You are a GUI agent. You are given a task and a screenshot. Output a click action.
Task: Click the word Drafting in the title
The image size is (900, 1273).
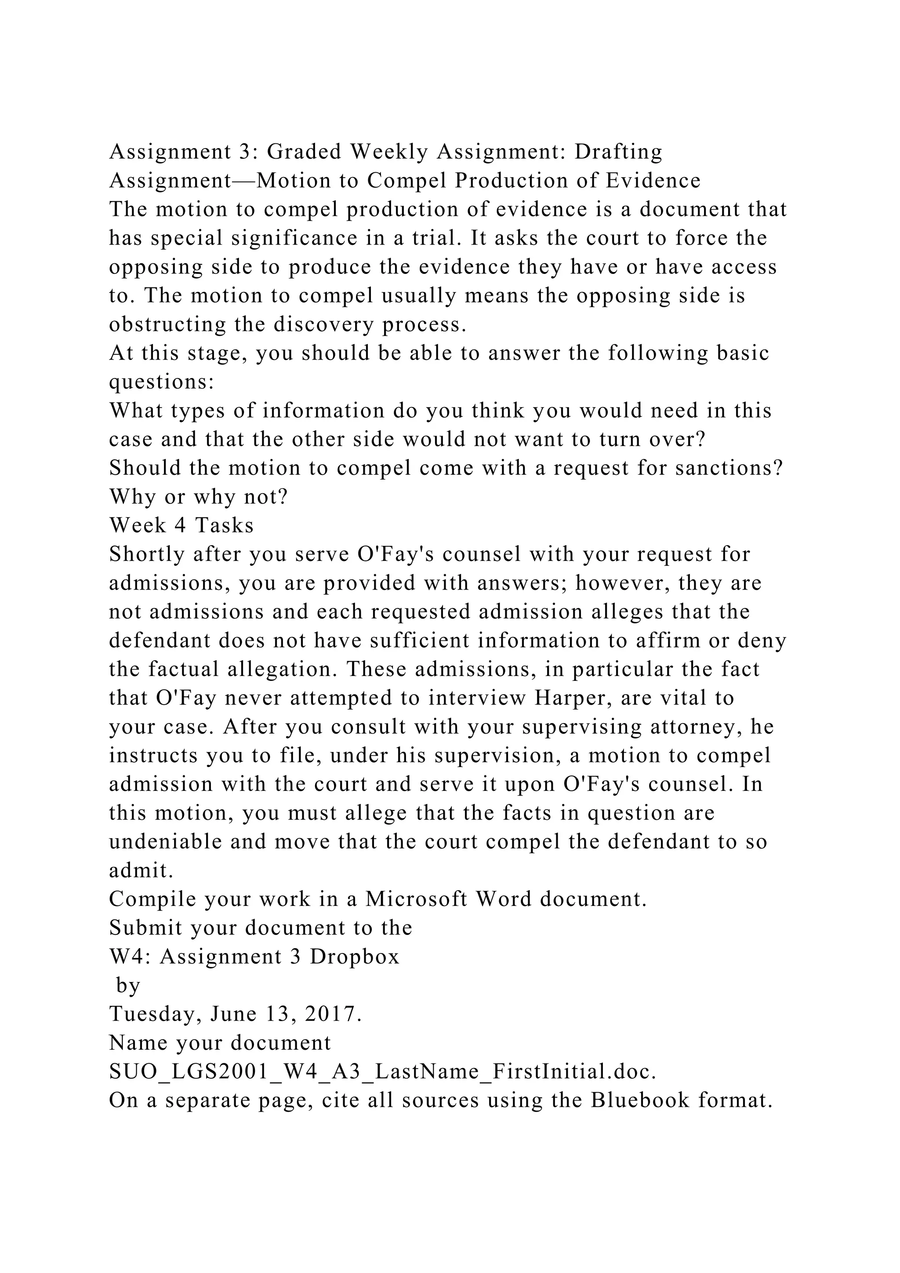click(x=618, y=151)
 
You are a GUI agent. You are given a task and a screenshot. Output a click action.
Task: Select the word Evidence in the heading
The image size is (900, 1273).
click(x=653, y=180)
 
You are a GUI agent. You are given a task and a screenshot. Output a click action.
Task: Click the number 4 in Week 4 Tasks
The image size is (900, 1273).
click(x=180, y=525)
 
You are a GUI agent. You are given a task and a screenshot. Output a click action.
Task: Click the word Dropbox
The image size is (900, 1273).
click(x=355, y=957)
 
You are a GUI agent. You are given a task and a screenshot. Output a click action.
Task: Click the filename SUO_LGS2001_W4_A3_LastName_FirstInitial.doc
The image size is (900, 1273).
click(x=382, y=1071)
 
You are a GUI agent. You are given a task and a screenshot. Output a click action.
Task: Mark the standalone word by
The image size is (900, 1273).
click(x=128, y=985)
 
